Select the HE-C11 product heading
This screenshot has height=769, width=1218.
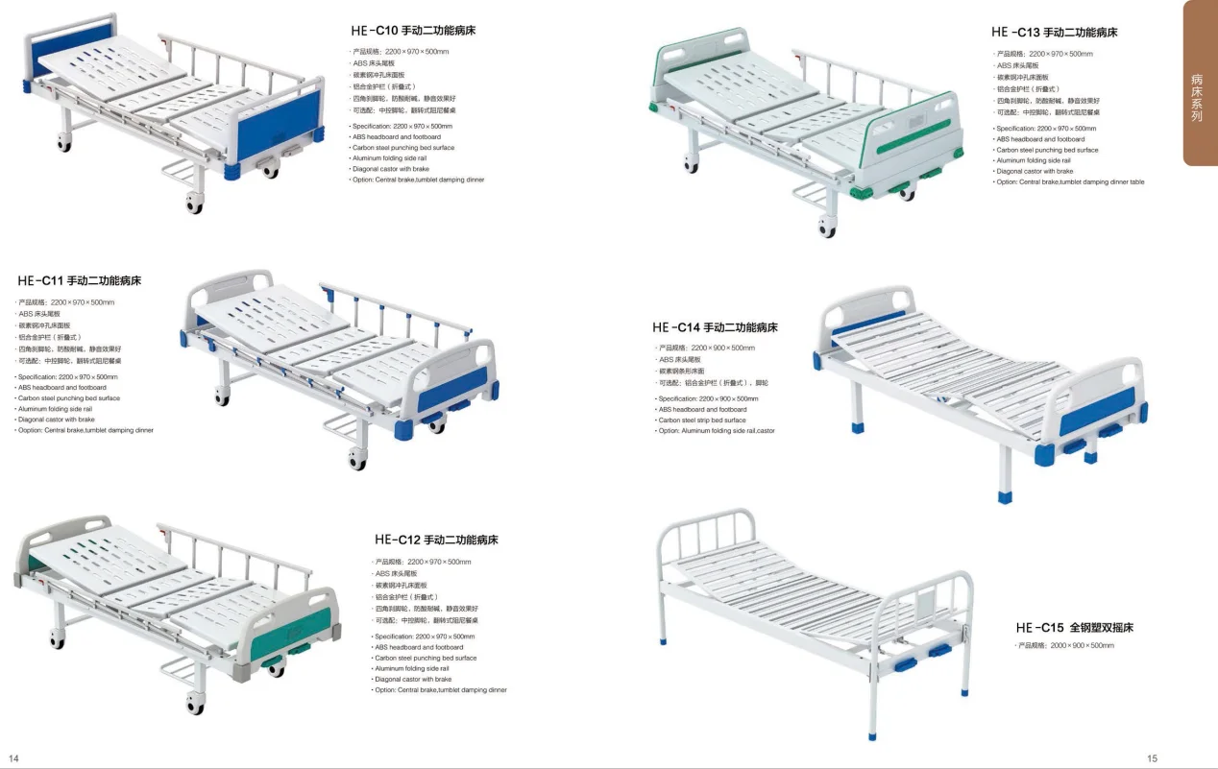[79, 281]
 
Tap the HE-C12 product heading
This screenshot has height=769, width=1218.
[436, 540]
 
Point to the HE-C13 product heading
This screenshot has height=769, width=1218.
[1054, 33]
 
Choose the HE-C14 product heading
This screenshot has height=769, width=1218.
[715, 327]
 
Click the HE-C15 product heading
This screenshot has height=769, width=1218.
[1074, 628]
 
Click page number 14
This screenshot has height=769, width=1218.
[13, 757]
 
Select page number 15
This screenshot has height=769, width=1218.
[1152, 757]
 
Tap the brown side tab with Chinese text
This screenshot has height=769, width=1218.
[1197, 96]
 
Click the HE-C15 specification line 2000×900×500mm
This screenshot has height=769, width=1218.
[1066, 646]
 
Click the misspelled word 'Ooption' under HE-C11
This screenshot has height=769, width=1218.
[31, 430]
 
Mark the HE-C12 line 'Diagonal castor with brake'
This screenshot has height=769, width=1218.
[413, 679]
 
